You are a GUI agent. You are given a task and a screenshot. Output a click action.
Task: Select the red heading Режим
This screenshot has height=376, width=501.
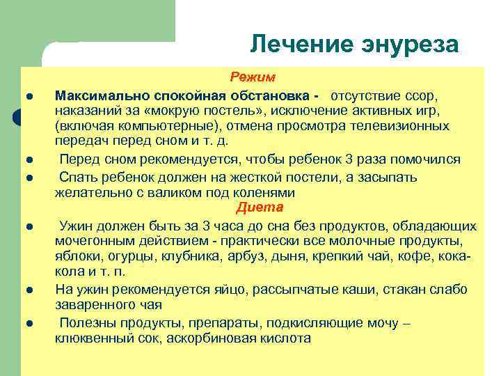[x=253, y=77]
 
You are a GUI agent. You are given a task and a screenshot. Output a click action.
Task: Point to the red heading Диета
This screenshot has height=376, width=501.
[x=260, y=207]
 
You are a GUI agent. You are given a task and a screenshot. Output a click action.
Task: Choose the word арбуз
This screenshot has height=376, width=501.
[x=246, y=257]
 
